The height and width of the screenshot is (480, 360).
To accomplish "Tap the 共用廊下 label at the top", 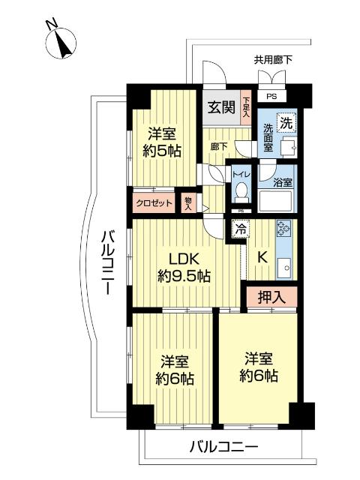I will coord(273,59).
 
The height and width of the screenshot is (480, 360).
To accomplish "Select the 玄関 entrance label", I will coord(220,108).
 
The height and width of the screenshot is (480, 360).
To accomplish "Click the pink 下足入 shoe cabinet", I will coord(245,107).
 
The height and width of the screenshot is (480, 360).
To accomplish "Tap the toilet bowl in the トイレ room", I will coord(240,191).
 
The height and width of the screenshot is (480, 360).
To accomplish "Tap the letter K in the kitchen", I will coord(262,256).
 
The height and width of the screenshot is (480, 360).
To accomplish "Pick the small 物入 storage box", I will coord(188,202).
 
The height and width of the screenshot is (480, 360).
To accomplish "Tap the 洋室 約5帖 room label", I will coord(163,142).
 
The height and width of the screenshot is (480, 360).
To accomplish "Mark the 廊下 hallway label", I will coord(219,147).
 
